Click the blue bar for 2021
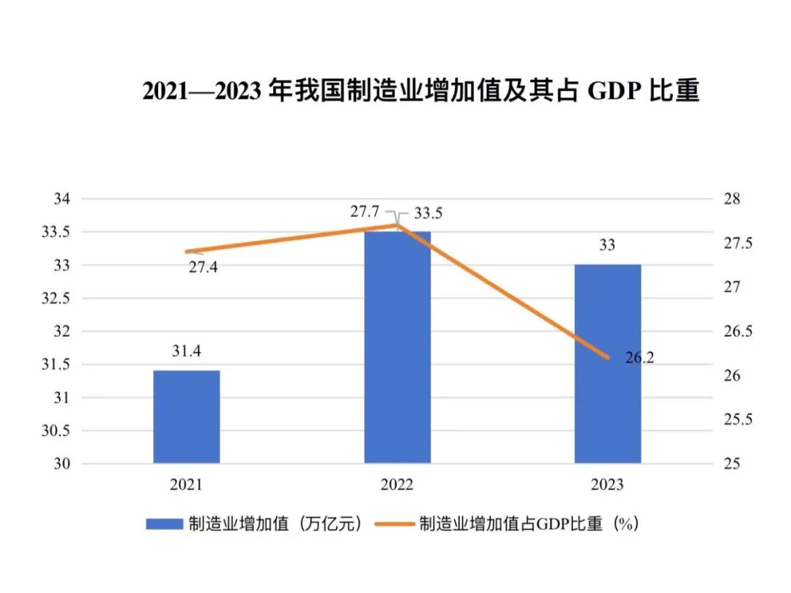(186, 417)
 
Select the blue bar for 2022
(397, 347)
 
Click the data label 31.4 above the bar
(186, 352)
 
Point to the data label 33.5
(428, 214)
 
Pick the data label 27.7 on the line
(364, 212)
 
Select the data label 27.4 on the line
(203, 267)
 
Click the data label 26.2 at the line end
(639, 358)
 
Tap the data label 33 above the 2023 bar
(607, 246)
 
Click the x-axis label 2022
(397, 485)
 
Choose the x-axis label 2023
(607, 485)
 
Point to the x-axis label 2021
(186, 485)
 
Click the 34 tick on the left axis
(62, 199)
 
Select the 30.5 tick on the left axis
(57, 431)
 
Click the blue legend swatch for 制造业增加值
(163, 524)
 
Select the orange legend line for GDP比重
(395, 524)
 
